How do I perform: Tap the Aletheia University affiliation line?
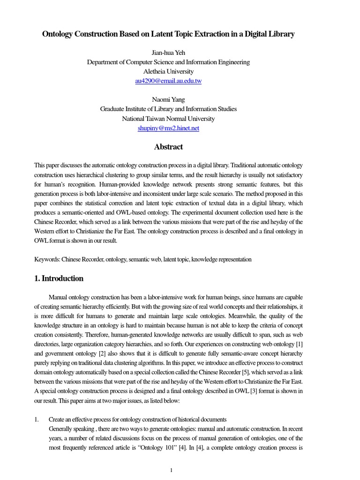tap(168, 71)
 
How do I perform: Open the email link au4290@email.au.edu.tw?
tap(168, 81)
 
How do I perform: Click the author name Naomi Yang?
tap(168, 99)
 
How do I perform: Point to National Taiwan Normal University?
tap(168, 119)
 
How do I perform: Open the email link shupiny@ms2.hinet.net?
tap(168, 128)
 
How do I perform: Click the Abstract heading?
tap(168, 147)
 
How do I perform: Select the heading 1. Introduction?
tap(59, 278)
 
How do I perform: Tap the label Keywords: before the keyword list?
tap(47, 259)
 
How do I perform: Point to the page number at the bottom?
tap(172, 470)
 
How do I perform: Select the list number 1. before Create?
tap(37, 419)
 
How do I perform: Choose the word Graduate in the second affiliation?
tap(113, 109)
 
